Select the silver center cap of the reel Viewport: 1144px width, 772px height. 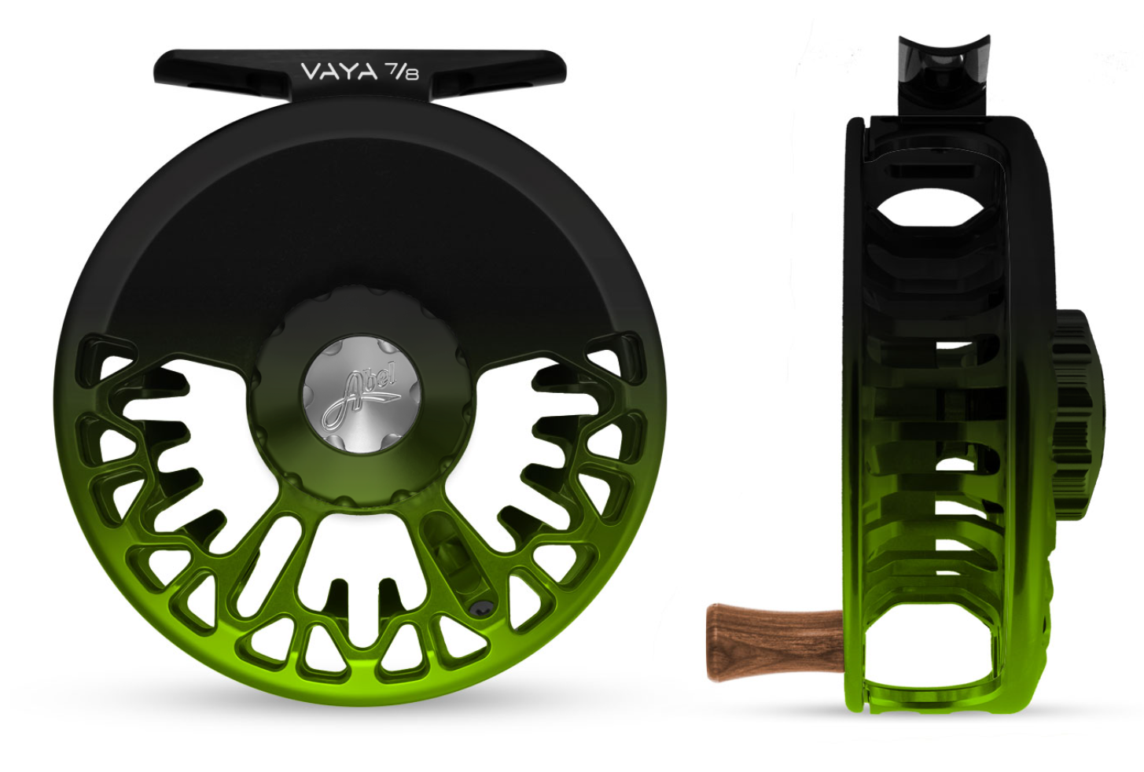pos(362,395)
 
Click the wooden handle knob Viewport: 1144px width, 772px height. pos(775,642)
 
